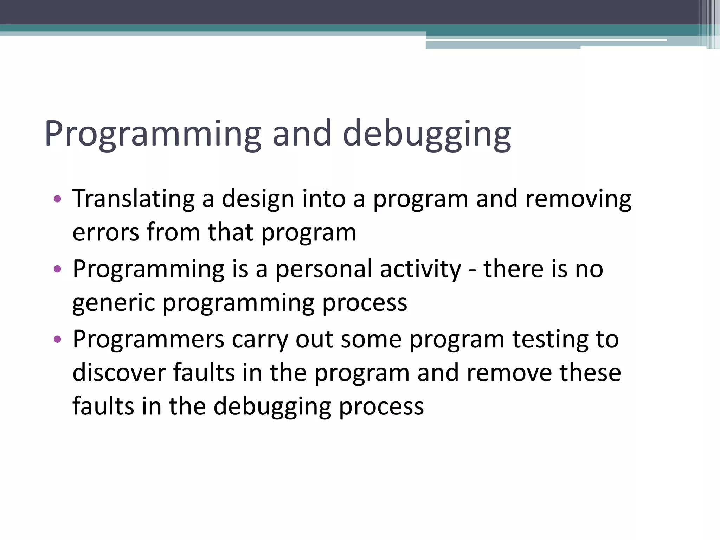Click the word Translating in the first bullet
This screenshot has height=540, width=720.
pyautogui.click(x=133, y=199)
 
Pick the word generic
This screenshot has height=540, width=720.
pyautogui.click(x=113, y=303)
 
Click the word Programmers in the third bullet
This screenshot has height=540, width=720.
pyautogui.click(x=148, y=340)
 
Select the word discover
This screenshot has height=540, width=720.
pyautogui.click(x=119, y=373)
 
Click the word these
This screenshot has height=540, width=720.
pyautogui.click(x=590, y=373)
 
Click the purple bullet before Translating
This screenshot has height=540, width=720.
pyautogui.click(x=57, y=200)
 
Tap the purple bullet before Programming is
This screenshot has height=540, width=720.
pyautogui.click(x=57, y=270)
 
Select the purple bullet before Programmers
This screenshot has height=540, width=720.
pyautogui.click(x=57, y=340)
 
